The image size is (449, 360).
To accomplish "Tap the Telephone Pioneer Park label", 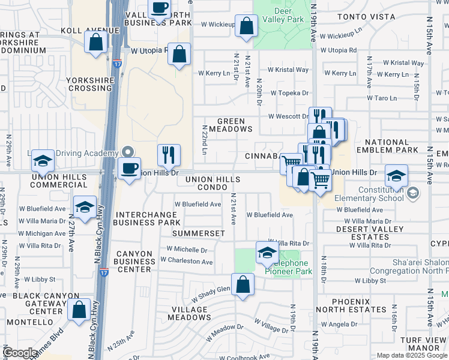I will point(291,267).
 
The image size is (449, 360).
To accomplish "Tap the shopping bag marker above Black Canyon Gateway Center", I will point(79,310).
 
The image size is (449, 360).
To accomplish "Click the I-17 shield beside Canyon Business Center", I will point(104,272).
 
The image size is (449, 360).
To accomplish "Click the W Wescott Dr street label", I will point(288,116).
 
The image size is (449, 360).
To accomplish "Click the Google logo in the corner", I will point(20,353).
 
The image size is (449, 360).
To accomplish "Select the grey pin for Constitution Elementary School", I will point(412,193).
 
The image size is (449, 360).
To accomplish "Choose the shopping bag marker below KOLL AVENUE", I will point(96,43).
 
